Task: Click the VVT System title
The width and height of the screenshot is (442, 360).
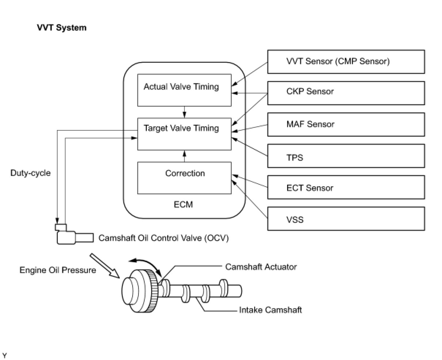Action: tap(62, 28)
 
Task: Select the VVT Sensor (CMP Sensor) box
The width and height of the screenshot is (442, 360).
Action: tap(346, 62)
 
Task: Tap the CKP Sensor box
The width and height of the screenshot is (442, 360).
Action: tap(346, 93)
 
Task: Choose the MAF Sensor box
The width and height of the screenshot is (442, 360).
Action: tap(346, 125)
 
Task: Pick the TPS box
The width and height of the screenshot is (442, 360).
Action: tap(346, 156)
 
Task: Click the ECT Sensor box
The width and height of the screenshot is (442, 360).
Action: tap(346, 187)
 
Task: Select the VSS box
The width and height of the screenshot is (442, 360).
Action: tap(346, 219)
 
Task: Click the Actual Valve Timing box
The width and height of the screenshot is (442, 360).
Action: tap(184, 90)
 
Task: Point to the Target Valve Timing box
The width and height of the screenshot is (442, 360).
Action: tap(184, 134)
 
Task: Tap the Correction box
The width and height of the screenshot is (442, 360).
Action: tap(184, 178)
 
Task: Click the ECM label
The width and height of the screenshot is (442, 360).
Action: tap(183, 204)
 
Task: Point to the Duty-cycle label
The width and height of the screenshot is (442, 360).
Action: tap(31, 173)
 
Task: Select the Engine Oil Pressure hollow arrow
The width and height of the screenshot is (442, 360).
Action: tap(105, 266)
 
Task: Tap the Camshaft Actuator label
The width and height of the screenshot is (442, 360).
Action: tap(261, 267)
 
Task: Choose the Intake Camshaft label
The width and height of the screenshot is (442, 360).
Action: tap(270, 310)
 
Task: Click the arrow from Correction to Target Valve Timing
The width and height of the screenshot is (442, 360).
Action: tap(184, 156)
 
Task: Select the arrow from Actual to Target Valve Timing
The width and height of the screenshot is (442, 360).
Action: tap(184, 112)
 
